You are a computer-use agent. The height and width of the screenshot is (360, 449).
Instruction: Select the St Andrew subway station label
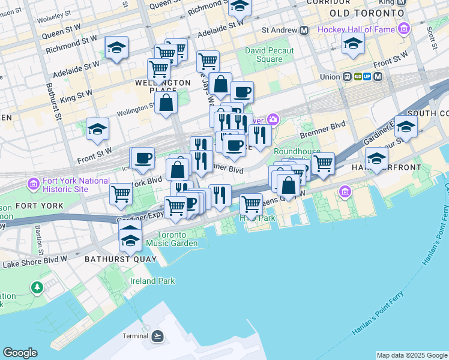click(280, 30)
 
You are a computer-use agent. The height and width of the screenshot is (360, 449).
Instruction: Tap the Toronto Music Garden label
click(177, 239)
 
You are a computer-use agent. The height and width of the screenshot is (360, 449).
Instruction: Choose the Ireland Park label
click(153, 281)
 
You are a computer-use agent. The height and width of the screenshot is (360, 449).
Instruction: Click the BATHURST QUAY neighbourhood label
click(121, 259)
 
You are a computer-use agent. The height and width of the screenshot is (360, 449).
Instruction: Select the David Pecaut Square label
click(264, 55)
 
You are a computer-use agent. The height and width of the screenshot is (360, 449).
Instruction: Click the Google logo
click(20, 353)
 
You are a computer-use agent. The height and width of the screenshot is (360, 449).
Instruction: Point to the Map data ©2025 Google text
click(412, 355)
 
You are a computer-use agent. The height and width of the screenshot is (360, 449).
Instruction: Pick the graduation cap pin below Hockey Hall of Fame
click(353, 44)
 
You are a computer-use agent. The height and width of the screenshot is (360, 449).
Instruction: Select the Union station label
click(330, 77)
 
